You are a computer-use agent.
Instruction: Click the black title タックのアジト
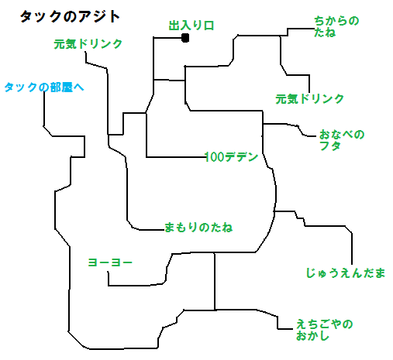point(70,17)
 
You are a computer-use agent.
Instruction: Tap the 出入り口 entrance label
point(191,26)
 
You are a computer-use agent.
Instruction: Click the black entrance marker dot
point(185,38)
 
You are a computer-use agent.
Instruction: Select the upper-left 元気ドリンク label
point(88,44)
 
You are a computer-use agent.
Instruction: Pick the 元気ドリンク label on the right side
point(309,99)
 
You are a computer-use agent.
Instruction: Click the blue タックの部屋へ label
point(44,87)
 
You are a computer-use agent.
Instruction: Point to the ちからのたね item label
point(336,26)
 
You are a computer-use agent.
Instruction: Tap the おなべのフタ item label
point(342,140)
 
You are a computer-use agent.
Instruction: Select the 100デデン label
point(232,157)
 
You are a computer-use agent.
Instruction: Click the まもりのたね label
point(198,228)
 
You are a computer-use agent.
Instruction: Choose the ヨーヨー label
point(110,262)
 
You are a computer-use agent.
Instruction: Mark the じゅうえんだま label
point(346,273)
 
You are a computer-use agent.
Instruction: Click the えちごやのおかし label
point(324,330)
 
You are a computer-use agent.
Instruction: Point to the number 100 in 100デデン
point(215,157)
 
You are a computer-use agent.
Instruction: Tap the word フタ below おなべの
point(330,146)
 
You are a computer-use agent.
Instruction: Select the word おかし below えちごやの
point(312,336)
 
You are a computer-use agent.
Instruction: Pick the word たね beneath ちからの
point(325,33)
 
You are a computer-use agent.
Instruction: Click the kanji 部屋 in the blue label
point(61,87)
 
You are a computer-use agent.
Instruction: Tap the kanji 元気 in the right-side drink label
point(287,99)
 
